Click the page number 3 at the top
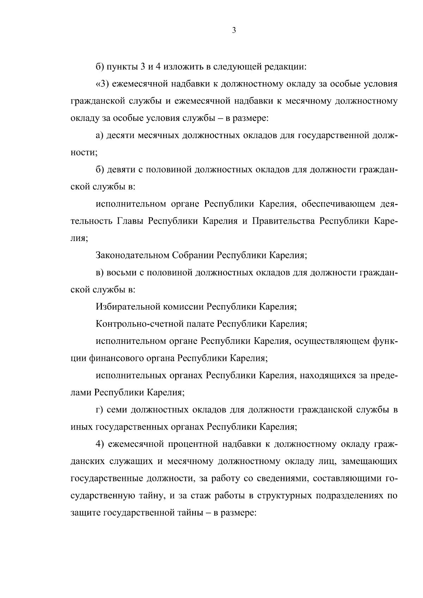(x=234, y=31)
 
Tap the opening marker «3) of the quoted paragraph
(x=102, y=84)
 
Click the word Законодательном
(x=132, y=255)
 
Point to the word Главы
(x=129, y=221)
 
